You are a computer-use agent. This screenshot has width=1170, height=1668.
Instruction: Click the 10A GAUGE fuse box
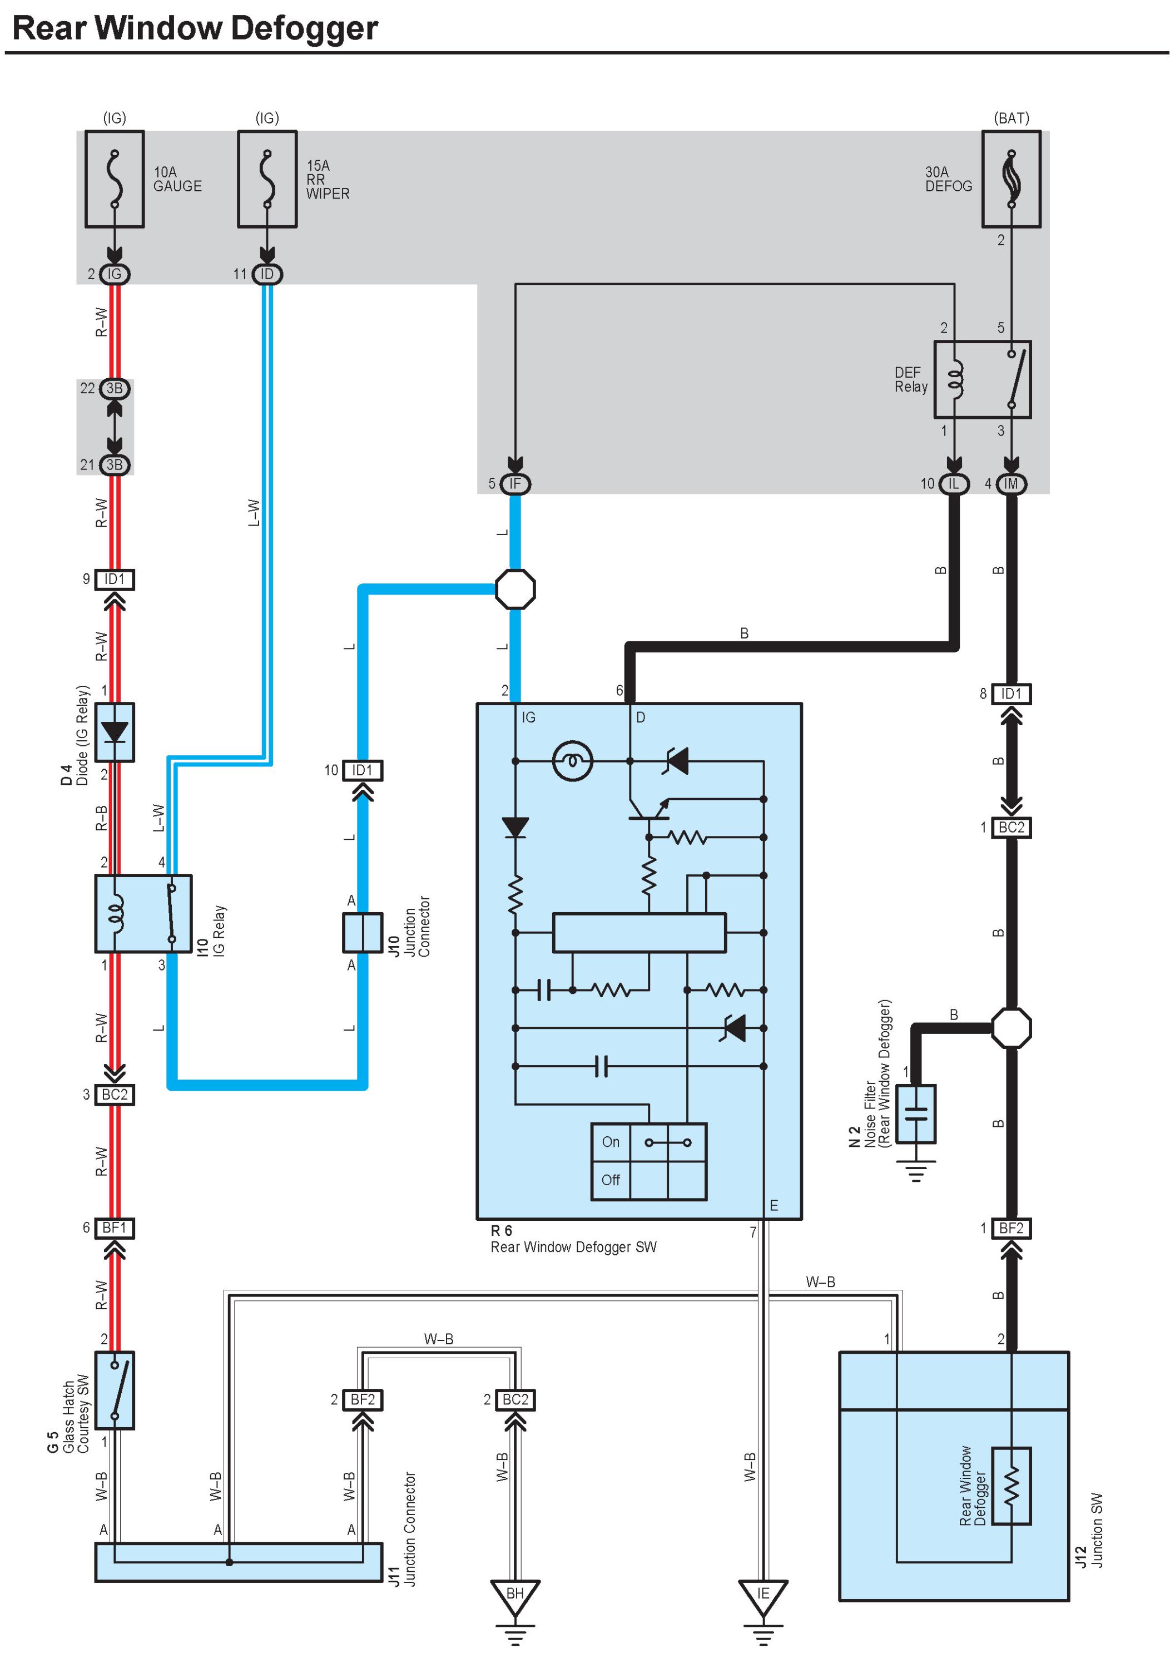(x=114, y=179)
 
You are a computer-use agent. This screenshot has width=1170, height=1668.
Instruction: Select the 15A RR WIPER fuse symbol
(x=267, y=179)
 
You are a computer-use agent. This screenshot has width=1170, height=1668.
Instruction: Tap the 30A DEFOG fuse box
(x=1011, y=179)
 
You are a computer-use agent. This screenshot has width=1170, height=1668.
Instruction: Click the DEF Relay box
(x=982, y=379)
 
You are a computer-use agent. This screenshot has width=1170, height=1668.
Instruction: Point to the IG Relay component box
(x=143, y=913)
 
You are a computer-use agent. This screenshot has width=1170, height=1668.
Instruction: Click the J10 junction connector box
(x=363, y=932)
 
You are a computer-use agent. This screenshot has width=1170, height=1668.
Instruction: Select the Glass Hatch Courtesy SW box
(x=115, y=1390)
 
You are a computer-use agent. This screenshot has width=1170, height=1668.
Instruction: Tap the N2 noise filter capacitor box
(x=916, y=1113)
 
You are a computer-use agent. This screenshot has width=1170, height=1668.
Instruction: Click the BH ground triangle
(x=515, y=1596)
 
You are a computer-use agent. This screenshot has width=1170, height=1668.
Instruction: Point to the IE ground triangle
(x=762, y=1596)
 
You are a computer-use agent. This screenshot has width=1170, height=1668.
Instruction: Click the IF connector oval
(x=515, y=484)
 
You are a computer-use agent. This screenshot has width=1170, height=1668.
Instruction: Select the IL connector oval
(x=954, y=484)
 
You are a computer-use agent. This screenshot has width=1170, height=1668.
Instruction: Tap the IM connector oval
(x=1011, y=484)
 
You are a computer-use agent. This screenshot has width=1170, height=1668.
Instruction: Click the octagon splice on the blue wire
(x=515, y=588)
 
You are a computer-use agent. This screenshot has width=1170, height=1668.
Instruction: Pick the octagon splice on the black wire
(x=1011, y=1027)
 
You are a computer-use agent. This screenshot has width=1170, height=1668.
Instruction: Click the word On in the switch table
(x=610, y=1141)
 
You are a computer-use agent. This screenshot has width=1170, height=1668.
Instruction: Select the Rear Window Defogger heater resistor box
(x=1011, y=1486)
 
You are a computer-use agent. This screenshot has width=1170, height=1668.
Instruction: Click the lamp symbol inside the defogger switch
(x=572, y=761)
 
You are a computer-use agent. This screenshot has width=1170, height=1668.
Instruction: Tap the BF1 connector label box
(x=115, y=1228)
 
